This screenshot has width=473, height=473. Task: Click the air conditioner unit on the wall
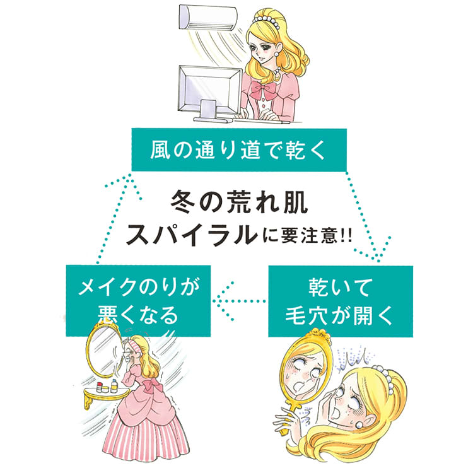click(x=208, y=17)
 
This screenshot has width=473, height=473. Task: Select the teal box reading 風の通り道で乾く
click(x=239, y=150)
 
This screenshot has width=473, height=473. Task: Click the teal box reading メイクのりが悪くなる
click(x=138, y=301)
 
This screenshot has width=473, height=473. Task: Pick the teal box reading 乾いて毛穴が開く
click(x=341, y=301)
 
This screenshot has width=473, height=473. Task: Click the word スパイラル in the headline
click(x=192, y=235)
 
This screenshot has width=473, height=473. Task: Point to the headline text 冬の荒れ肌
click(x=239, y=201)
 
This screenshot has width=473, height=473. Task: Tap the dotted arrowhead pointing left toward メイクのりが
click(x=223, y=301)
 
